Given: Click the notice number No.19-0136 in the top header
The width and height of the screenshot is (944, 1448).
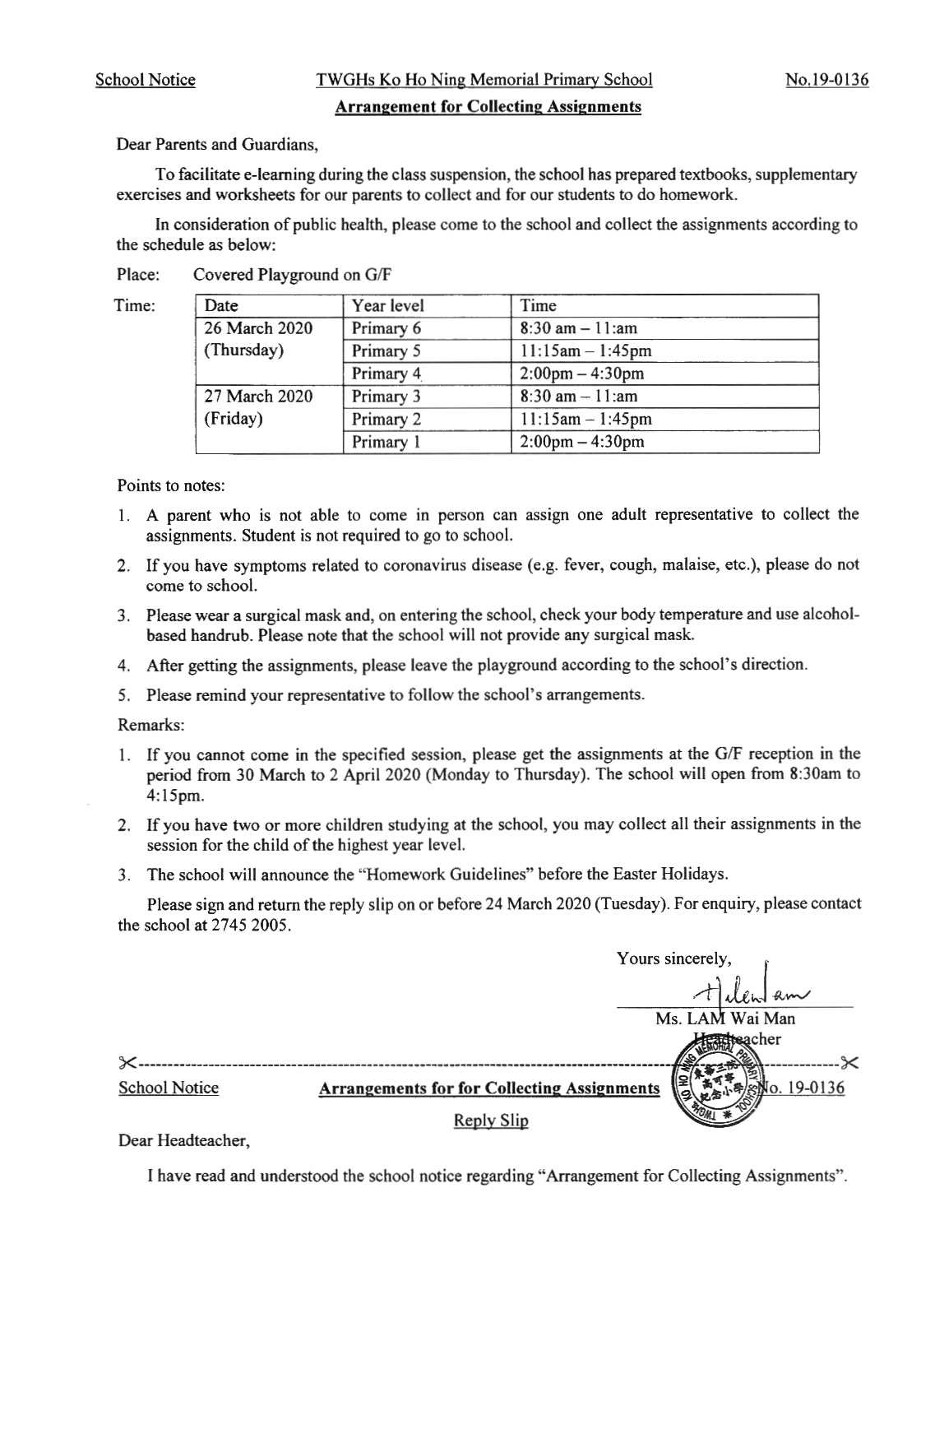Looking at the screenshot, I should point(826,80).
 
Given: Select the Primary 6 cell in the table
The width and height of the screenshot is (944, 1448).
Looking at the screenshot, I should point(386,328).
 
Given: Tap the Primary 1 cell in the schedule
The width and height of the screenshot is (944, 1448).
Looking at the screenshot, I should point(386,442).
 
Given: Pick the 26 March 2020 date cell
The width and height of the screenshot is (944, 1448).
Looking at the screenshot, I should point(258,328).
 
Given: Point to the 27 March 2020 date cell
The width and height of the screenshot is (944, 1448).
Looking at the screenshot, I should point(258,397).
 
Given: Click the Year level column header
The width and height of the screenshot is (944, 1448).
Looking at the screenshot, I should point(388,305).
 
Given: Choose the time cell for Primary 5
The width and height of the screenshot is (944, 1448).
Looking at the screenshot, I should point(585,351).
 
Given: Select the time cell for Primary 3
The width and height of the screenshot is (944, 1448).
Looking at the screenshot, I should point(579,397).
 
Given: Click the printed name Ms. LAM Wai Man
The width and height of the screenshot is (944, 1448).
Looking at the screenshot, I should point(725,1019).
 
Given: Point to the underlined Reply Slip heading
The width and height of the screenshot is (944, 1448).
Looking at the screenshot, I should point(491,1121).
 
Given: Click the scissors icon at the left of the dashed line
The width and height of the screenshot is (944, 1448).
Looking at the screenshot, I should point(127,1061).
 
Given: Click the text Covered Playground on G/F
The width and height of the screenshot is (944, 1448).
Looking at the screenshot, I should point(292,275).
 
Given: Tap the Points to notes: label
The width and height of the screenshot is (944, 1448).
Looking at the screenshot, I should point(171,485).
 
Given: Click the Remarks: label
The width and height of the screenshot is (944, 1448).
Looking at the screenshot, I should point(151,725).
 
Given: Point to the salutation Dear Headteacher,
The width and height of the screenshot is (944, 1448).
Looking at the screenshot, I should point(183,1140).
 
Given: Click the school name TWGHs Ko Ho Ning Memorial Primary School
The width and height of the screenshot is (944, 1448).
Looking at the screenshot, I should point(484,80).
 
